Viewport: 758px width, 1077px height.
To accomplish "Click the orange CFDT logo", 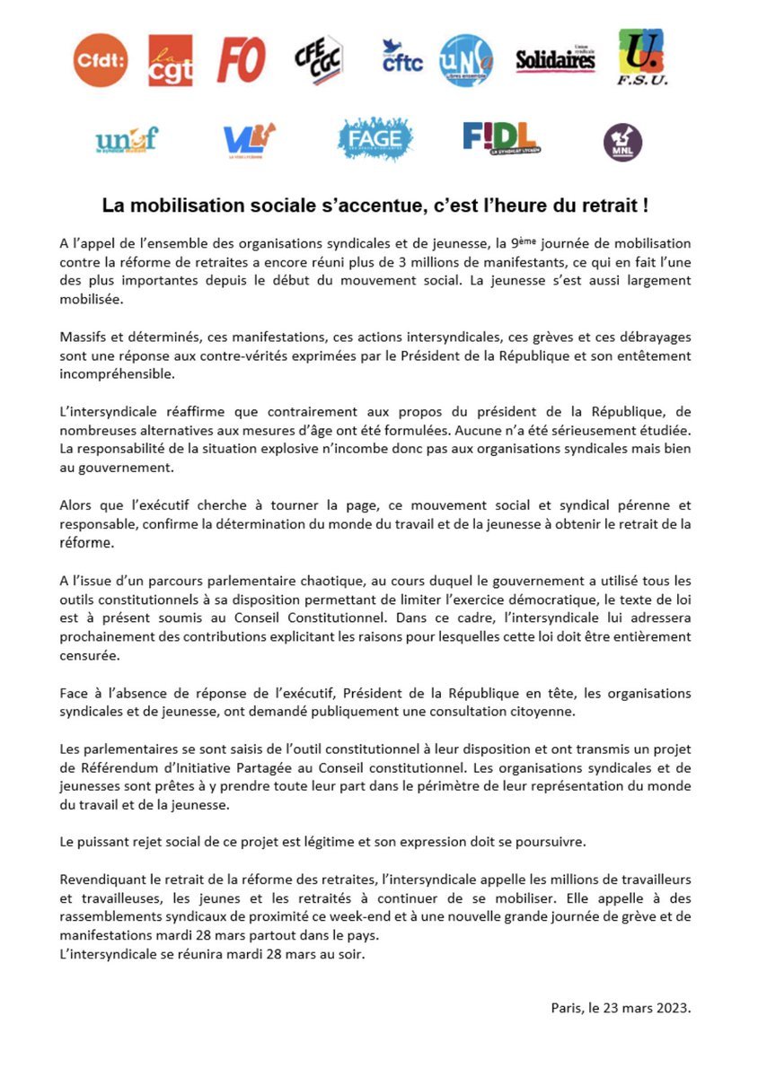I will pos(101,60).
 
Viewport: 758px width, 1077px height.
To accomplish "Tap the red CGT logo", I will pos(171,60).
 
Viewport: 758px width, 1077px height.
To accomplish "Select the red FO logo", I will pos(241,61).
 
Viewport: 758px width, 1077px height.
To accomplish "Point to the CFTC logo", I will pos(401,56).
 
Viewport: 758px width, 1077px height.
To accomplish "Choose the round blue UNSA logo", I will pos(466,60).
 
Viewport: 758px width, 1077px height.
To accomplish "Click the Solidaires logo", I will pos(555,59).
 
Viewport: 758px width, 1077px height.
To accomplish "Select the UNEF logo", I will pos(127,139).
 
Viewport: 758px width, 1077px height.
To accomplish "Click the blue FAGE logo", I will pos(375,139).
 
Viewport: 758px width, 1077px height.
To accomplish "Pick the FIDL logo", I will pos(500,138).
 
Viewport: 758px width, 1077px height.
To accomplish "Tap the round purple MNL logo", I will pos(622,142).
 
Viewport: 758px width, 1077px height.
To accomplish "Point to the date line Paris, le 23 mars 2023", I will pos(621,1008).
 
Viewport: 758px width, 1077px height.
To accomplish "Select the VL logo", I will pos(248,139).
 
